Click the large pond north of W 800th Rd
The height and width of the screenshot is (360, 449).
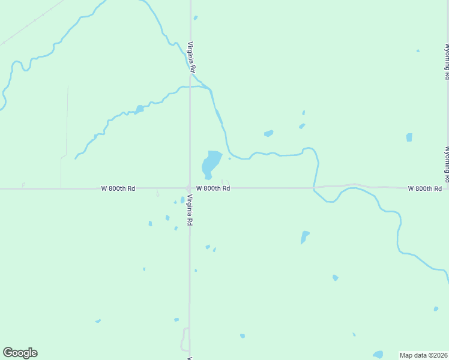tap(211, 163)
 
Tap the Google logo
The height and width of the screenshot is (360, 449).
tap(20, 353)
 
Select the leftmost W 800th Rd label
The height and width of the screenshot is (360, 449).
tap(118, 188)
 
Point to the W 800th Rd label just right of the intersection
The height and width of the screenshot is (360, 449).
tap(213, 188)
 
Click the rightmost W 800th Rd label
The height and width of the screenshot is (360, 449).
tap(425, 188)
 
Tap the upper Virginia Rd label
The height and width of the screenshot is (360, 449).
tap(191, 57)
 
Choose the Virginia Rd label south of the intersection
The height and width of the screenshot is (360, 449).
tap(189, 210)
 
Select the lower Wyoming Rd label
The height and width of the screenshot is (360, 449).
tap(447, 163)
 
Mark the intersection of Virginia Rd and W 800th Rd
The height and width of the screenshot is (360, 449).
tap(190, 188)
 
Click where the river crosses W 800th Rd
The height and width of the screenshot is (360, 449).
tap(314, 188)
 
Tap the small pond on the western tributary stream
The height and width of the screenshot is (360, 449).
tap(139, 109)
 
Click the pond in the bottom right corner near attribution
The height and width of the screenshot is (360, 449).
tap(378, 355)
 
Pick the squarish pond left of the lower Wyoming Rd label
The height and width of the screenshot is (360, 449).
tap(409, 137)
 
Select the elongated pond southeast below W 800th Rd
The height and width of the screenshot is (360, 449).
tap(304, 237)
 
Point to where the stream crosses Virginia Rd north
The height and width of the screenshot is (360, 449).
tap(190, 86)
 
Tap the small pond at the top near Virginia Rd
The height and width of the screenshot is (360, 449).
tap(196, 18)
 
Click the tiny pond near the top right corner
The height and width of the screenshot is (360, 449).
tap(418, 51)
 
